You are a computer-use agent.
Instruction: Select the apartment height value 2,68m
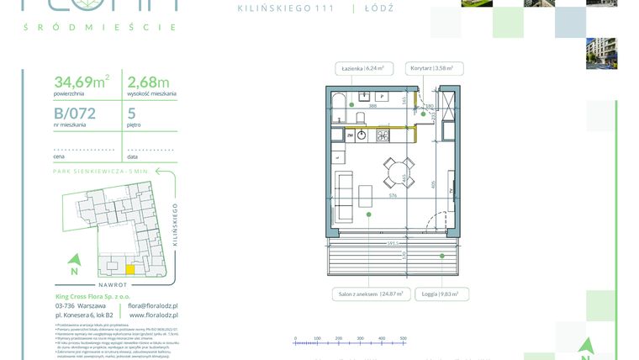tap(147, 82)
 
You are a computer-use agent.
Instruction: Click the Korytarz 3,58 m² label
tap(431, 68)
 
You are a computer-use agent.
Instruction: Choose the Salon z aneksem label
tap(371, 294)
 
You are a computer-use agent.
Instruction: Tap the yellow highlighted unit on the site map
tap(129, 270)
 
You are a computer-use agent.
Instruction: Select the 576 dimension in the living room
tap(392, 196)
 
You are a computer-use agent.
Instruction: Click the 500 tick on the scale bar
tap(404, 339)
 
